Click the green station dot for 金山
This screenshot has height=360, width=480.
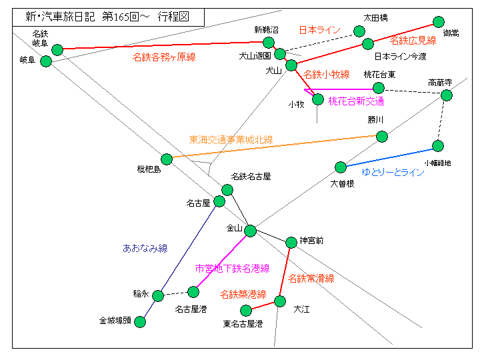tap(250, 231)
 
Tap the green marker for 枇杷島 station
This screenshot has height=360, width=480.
tap(167, 159)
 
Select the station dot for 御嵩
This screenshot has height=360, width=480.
tap(439, 22)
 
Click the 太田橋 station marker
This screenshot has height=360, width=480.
tap(359, 31)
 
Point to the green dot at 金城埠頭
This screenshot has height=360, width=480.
tap(140, 321)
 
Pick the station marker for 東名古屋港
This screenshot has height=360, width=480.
tap(246, 310)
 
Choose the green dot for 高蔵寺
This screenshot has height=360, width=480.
tap(447, 95)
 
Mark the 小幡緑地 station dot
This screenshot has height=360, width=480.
tap(438, 145)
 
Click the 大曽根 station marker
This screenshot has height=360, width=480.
tap(341, 167)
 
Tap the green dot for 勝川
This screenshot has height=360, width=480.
tap(382, 137)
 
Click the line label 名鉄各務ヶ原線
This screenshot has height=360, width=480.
tap(164, 57)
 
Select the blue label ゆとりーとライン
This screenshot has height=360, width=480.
tap(393, 172)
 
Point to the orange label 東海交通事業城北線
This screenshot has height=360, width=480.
tap(231, 140)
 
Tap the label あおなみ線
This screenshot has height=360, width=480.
tap(145, 248)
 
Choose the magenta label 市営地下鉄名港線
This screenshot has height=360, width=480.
tap(232, 268)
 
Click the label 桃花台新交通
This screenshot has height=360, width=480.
tap(356, 101)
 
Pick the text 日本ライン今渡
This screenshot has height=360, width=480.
tap(400, 56)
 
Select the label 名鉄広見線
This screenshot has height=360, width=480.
tap(413, 40)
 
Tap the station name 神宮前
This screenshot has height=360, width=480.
tap(311, 241)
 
